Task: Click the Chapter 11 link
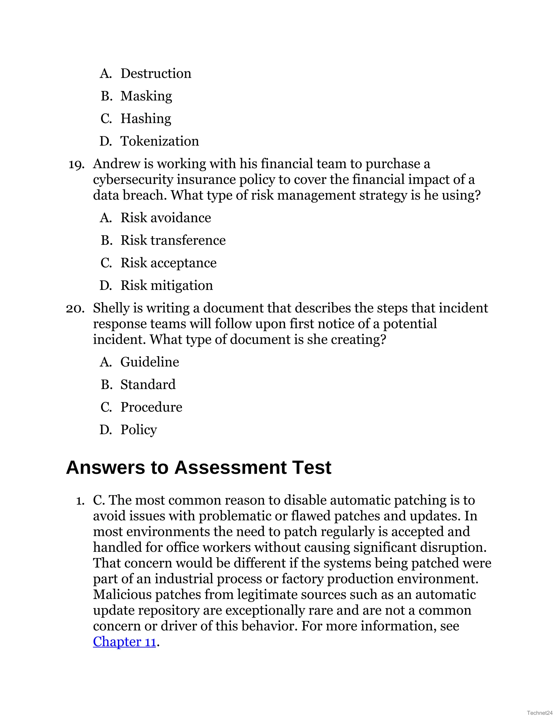124,642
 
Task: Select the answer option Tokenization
159,141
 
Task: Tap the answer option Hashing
146,119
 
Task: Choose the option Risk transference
173,240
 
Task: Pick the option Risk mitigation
166,286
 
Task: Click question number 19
76,164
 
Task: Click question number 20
75,308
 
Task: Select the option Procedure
151,407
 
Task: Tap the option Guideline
149,362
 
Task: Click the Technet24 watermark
540,713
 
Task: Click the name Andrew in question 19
112,164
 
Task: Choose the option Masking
146,96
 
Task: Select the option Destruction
156,73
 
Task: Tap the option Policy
138,430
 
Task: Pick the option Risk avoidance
166,218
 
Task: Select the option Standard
148,384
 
